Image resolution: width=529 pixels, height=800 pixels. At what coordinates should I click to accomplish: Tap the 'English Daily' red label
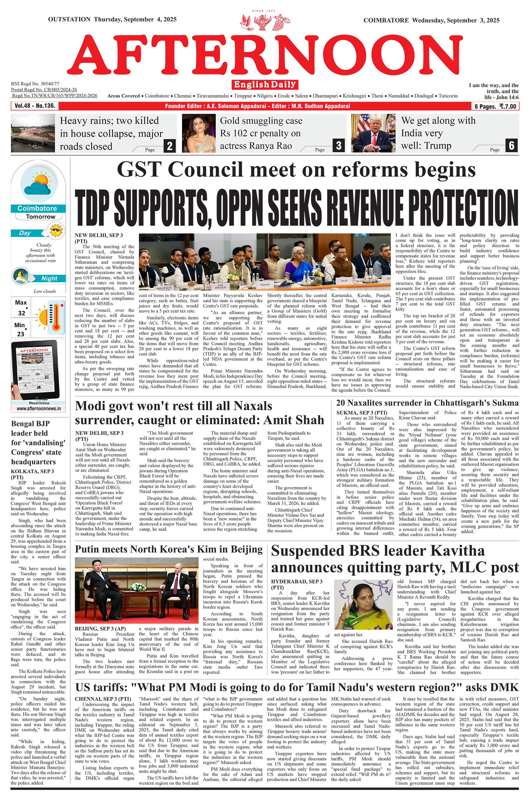coord(265,84)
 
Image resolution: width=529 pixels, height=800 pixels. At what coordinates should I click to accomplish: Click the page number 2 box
coord(170,146)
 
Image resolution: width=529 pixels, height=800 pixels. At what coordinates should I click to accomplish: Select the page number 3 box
coord(338,146)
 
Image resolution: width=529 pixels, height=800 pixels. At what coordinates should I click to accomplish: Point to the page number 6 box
coord(511,146)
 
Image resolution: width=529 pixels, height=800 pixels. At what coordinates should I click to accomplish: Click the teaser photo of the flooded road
coord(33,133)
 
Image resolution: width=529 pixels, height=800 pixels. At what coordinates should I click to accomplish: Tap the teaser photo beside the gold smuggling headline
coord(199,133)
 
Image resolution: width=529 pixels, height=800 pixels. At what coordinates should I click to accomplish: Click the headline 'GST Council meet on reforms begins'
coord(296,169)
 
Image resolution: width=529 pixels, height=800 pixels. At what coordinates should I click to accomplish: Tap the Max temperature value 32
coord(21,313)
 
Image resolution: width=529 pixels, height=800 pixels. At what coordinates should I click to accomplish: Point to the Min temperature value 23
coord(21,334)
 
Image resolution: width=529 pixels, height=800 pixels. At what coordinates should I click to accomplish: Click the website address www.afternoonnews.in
coord(38,409)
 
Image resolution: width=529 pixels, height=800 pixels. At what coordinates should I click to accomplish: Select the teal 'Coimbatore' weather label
coord(37,208)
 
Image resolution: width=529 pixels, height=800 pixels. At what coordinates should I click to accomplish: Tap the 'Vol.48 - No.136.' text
coord(35,106)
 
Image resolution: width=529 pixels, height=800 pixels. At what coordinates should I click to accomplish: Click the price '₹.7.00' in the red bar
coord(508,106)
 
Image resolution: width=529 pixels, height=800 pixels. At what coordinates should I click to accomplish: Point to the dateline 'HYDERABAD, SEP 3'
coord(297,581)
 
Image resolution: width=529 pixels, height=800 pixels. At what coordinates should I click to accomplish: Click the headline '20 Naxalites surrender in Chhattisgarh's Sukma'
coord(427,403)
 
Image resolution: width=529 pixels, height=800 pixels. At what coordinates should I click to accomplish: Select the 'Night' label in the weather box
coord(49,278)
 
